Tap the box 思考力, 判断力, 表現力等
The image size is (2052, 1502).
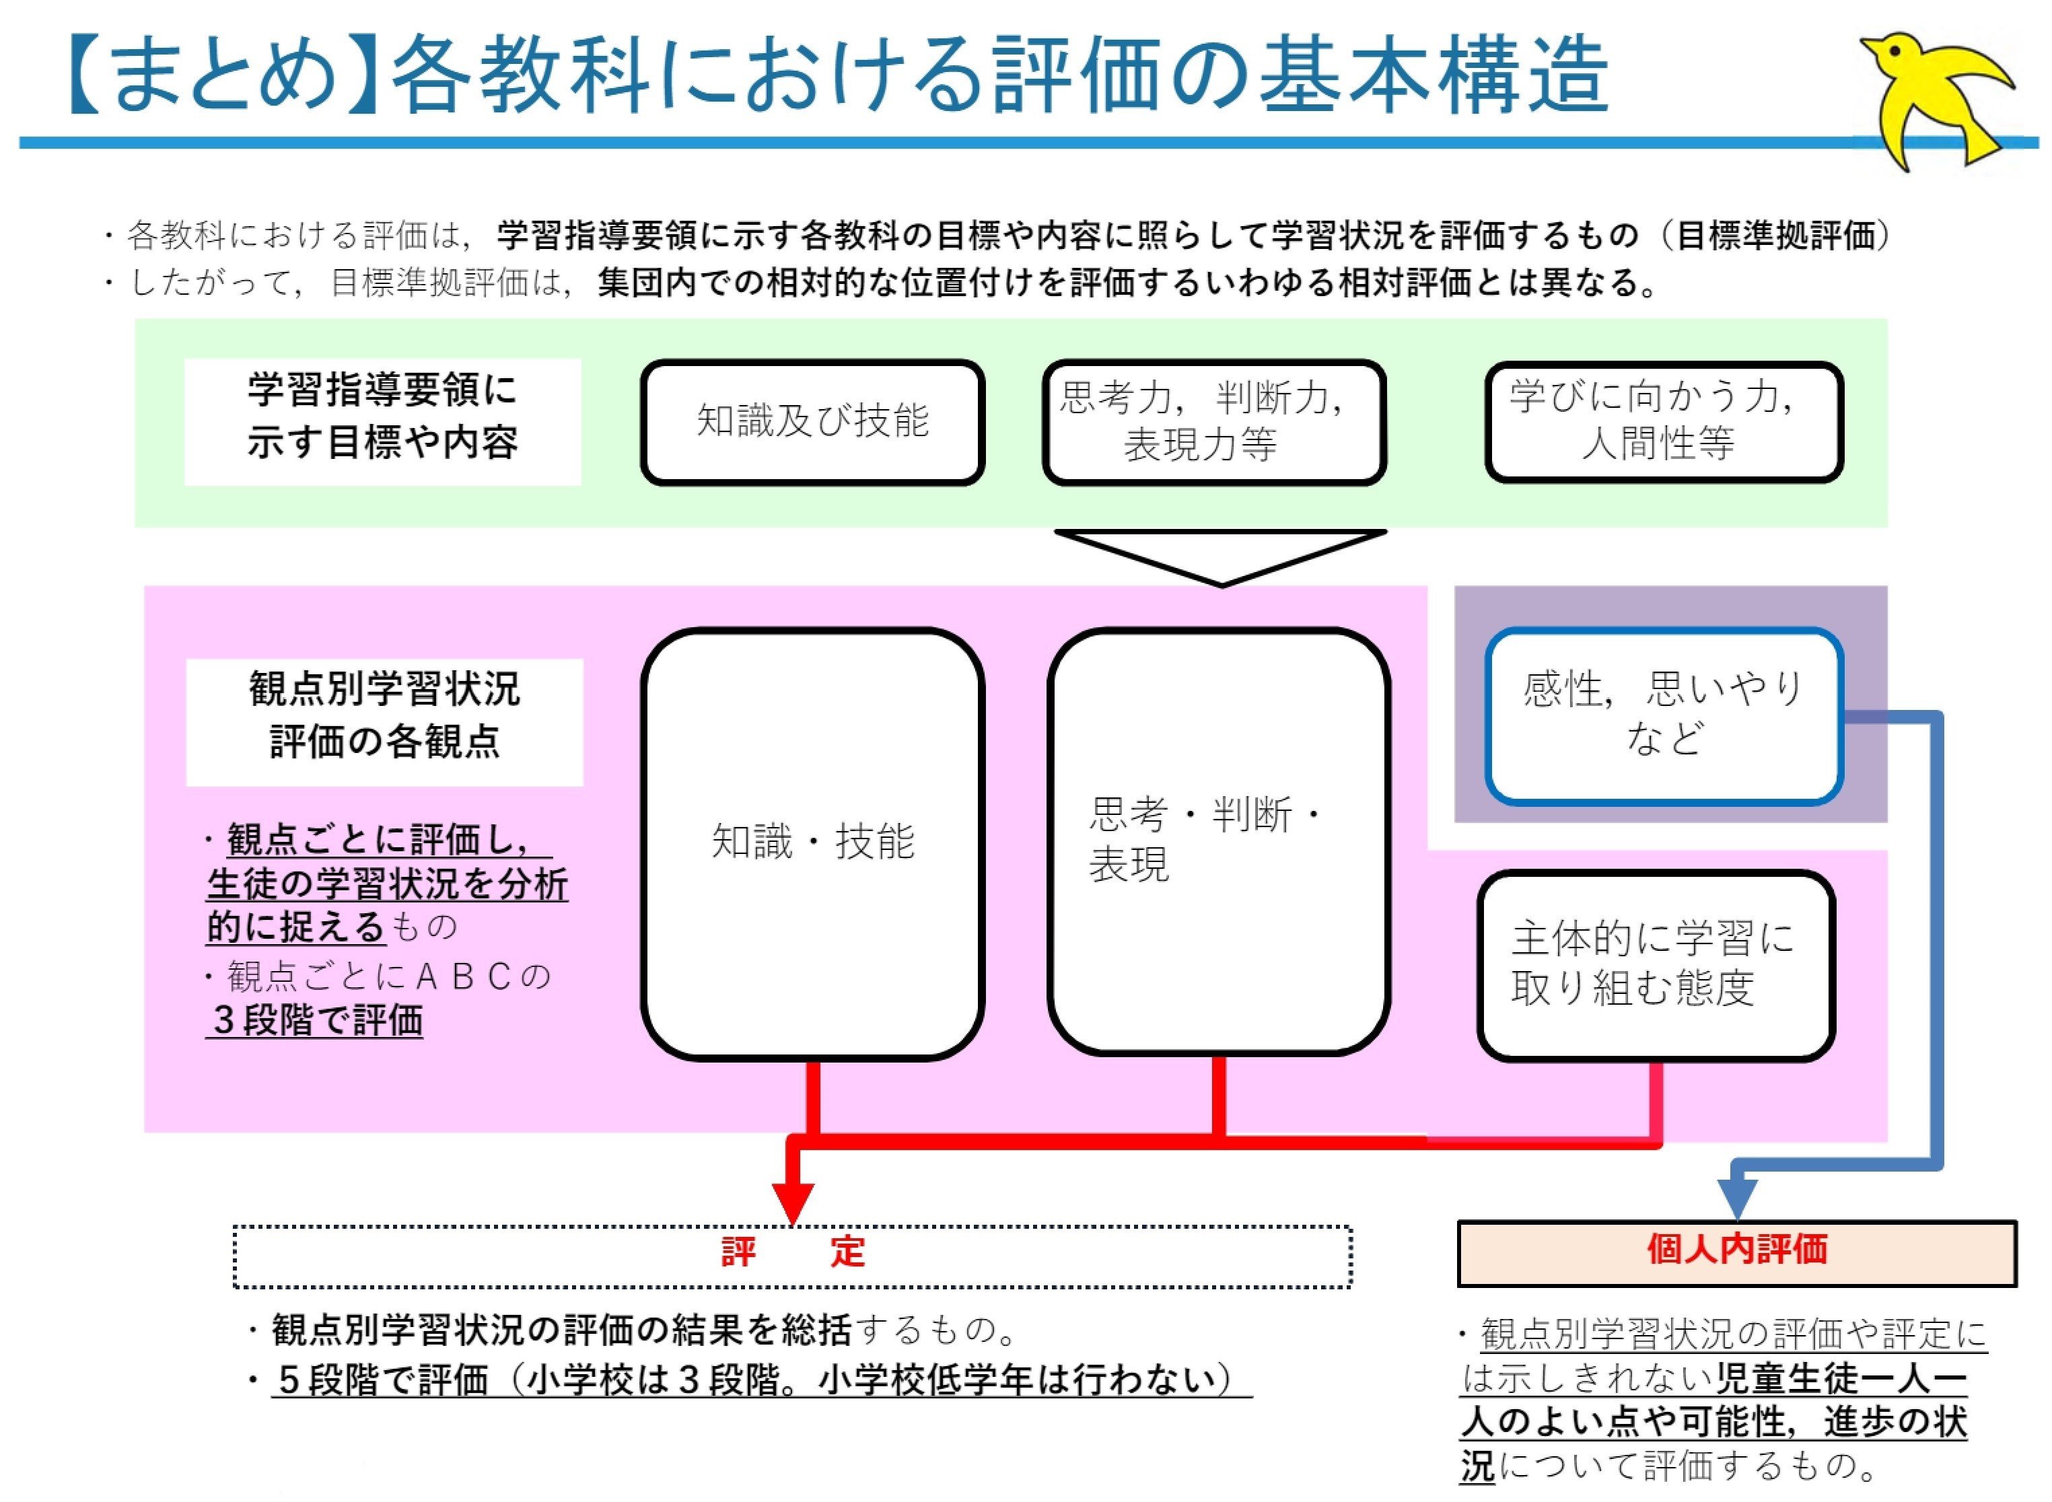(1213, 422)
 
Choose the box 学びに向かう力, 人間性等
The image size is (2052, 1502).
(1663, 422)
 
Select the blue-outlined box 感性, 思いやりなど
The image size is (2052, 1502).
(1663, 715)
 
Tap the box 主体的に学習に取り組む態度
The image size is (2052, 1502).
(1655, 965)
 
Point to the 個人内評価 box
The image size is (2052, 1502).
(1736, 1252)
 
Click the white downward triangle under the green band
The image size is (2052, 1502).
(1220, 552)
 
